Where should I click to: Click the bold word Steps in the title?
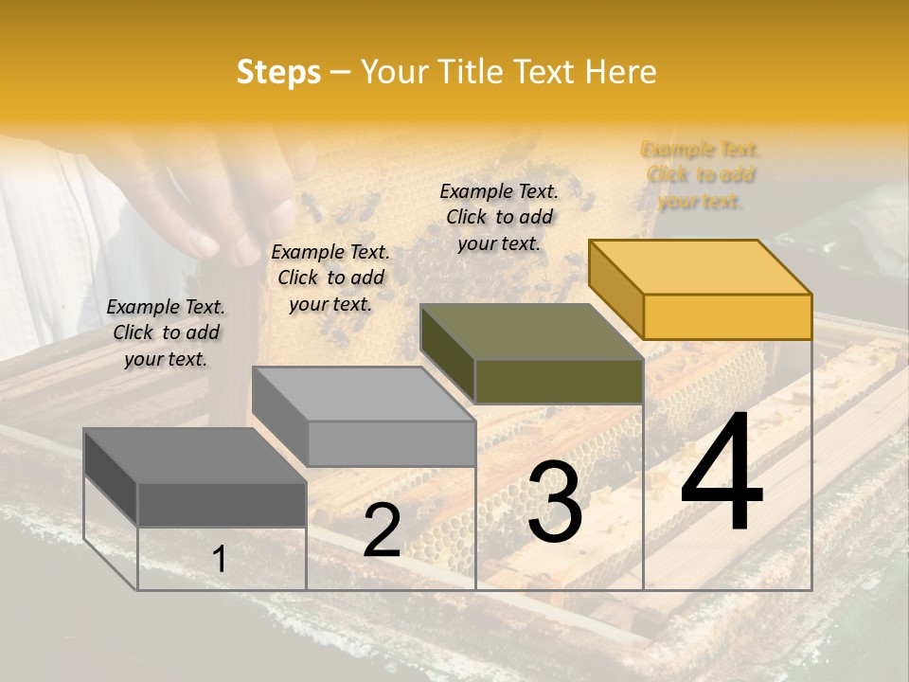pyautogui.click(x=278, y=72)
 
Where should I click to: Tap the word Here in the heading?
pyautogui.click(x=620, y=72)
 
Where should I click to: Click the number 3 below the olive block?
pyautogui.click(x=555, y=502)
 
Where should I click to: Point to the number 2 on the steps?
pyautogui.click(x=382, y=530)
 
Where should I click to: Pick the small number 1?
pyautogui.click(x=220, y=560)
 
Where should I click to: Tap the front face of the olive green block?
pyautogui.click(x=559, y=381)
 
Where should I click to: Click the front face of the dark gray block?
pyautogui.click(x=222, y=504)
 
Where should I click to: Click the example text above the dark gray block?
pyautogui.click(x=166, y=332)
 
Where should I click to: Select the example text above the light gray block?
pyautogui.click(x=330, y=278)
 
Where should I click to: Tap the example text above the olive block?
pyautogui.click(x=499, y=217)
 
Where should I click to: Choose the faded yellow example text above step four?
pyautogui.click(x=701, y=175)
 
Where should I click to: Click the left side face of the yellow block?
pyautogui.click(x=615, y=289)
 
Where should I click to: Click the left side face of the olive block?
pyautogui.click(x=447, y=353)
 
